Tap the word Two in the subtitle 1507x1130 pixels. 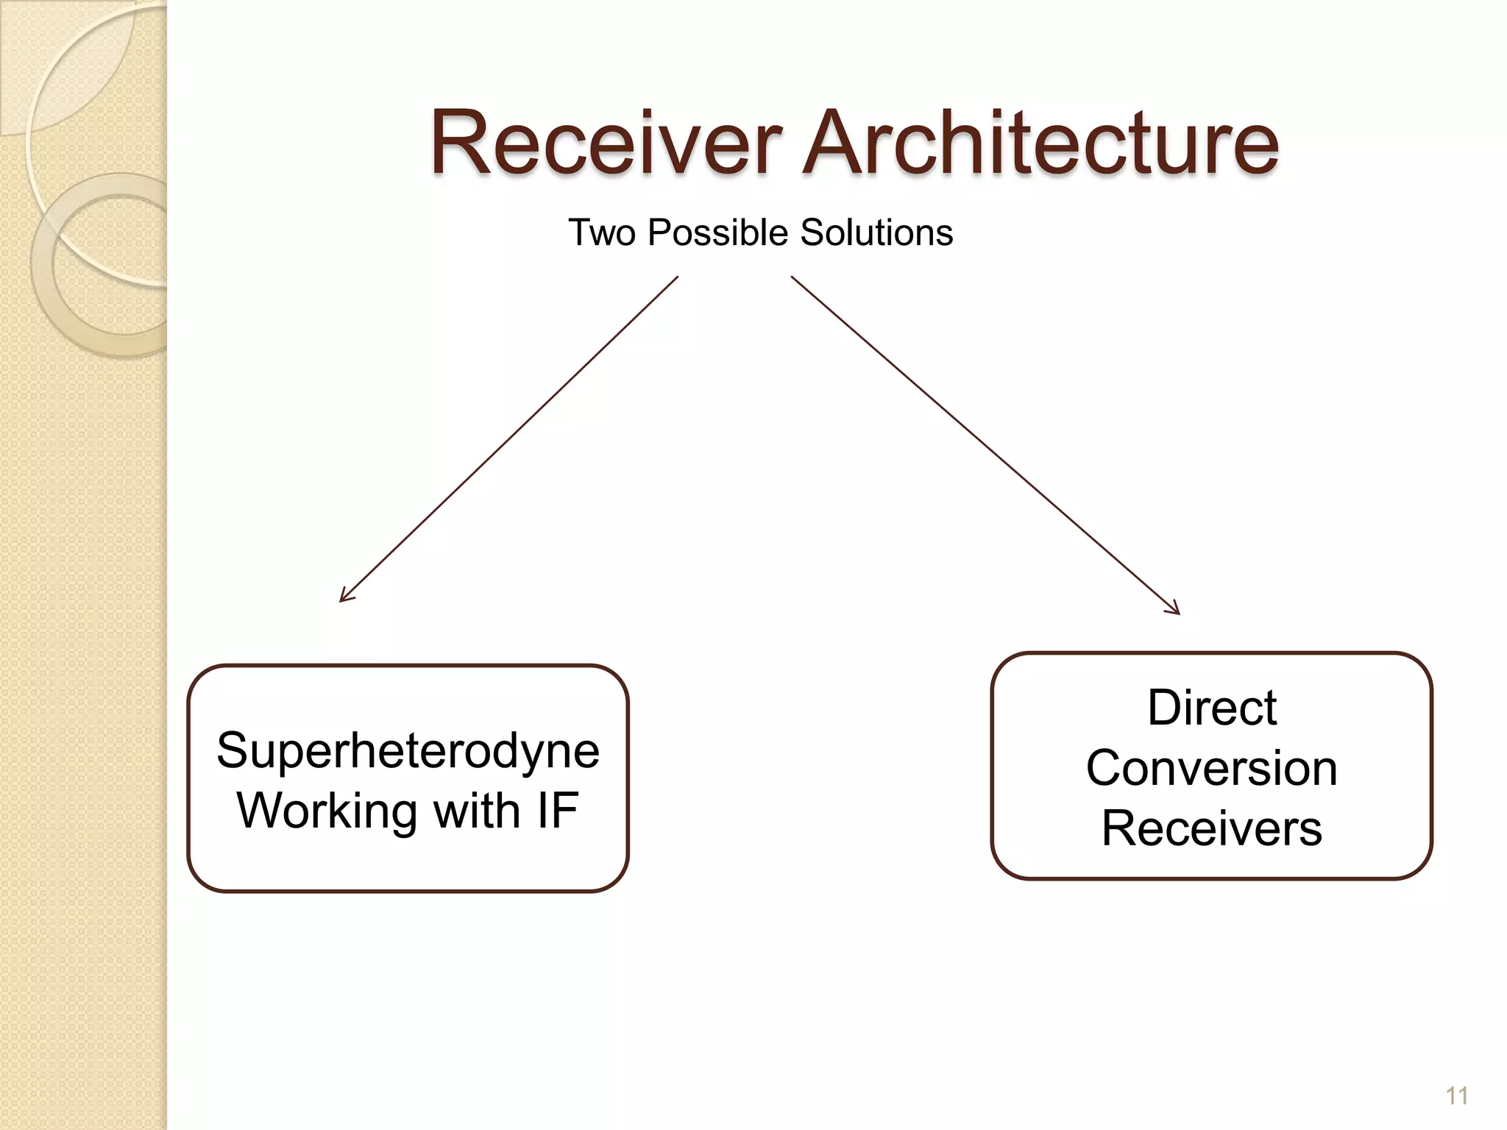[602, 232]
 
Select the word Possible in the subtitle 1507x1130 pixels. [718, 232]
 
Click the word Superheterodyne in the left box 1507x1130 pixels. [408, 751]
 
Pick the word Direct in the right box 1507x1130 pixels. [1211, 708]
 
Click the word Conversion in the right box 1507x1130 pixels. [1211, 768]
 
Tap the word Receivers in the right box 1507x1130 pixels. [1211, 828]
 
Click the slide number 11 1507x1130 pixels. [1456, 1096]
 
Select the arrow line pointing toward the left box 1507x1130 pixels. [508, 439]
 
